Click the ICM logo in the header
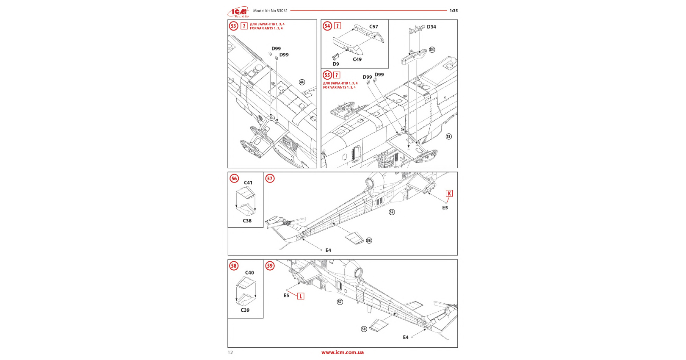pyautogui.click(x=238, y=11)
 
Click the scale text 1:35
pyautogui.click(x=454, y=11)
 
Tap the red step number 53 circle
pyautogui.click(x=233, y=26)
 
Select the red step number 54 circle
pyautogui.click(x=327, y=26)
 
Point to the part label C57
pyautogui.click(x=373, y=27)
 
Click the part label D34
pyautogui.click(x=431, y=27)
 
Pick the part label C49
pyautogui.click(x=357, y=59)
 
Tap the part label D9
pyautogui.click(x=336, y=64)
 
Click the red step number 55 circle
pyautogui.click(x=327, y=75)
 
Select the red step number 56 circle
pyautogui.click(x=234, y=178)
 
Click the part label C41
pyautogui.click(x=248, y=183)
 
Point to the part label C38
pyautogui.click(x=247, y=221)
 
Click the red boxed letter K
pyautogui.click(x=449, y=193)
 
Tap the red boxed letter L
pyautogui.click(x=301, y=296)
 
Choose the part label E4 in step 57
pyautogui.click(x=328, y=250)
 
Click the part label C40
pyautogui.click(x=250, y=273)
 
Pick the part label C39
pyautogui.click(x=245, y=310)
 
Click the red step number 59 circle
pyautogui.click(x=270, y=266)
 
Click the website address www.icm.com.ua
pyautogui.click(x=343, y=352)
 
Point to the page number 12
pyautogui.click(x=230, y=352)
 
